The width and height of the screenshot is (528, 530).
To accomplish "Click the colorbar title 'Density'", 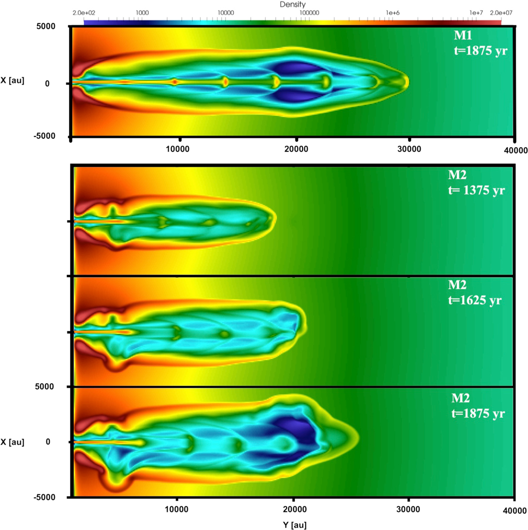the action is tap(293, 4).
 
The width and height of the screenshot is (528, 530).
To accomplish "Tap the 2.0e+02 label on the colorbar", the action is tap(84, 13).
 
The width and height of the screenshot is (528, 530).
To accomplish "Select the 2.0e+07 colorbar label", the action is tap(501, 13).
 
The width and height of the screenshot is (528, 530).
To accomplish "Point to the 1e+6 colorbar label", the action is tap(392, 13).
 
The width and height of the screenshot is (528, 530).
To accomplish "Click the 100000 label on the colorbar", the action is tap(309, 13).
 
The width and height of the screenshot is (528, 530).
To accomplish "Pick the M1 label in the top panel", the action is tap(463, 35).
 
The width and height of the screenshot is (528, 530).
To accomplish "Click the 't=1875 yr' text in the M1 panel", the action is tap(480, 51).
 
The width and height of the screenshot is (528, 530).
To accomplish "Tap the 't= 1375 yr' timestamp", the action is tap(476, 190).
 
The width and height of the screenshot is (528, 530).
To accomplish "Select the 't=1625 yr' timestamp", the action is tap(475, 300).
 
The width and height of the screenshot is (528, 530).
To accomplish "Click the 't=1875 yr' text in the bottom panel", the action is tap(478, 413).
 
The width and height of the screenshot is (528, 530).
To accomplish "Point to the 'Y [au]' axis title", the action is tap(294, 525).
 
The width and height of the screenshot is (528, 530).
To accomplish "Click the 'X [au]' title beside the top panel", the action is tap(12, 81).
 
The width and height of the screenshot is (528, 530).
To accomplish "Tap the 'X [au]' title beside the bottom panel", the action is tap(12, 442).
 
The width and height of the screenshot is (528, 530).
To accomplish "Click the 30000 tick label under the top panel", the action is tap(409, 149).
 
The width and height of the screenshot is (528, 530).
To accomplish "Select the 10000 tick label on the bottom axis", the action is tap(176, 509).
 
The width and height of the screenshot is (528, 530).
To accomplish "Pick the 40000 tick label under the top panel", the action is tap(516, 150).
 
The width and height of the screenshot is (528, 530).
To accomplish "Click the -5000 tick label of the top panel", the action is tap(44, 136).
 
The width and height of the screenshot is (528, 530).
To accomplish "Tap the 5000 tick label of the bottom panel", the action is tap(45, 386).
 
